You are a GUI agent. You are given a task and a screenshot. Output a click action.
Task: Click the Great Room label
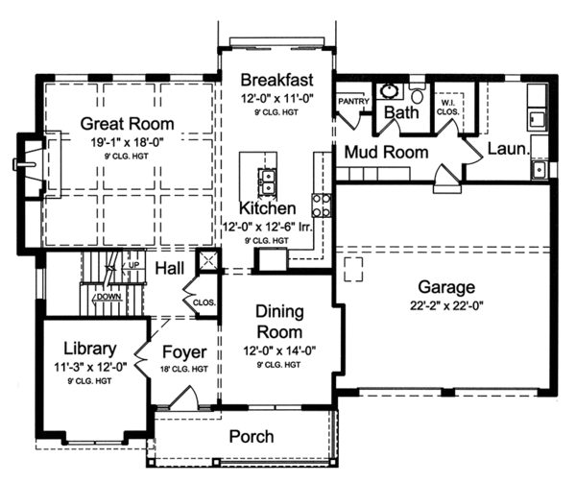[127, 124]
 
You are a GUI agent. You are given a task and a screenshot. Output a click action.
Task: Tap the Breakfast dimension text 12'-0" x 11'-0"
[277, 99]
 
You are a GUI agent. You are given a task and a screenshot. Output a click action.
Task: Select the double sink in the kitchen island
[268, 181]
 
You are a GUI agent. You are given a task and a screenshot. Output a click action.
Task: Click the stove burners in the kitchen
[322, 205]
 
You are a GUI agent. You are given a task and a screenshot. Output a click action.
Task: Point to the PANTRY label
[353, 101]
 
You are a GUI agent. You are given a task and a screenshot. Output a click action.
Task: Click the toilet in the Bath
[418, 94]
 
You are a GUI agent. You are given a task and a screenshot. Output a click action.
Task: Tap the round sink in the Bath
[388, 91]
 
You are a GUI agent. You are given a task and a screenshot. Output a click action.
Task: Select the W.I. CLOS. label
[447, 108]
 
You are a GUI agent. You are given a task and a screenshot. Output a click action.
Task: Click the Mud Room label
[387, 152]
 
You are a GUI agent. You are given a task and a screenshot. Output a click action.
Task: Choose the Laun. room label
[509, 149]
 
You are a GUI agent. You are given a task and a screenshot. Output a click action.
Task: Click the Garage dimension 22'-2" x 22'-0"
[446, 305]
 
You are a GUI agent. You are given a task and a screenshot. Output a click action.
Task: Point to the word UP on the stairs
[133, 265]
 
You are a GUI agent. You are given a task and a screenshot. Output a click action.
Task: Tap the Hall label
[169, 269]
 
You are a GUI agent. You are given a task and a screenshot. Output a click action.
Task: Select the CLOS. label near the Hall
[204, 302]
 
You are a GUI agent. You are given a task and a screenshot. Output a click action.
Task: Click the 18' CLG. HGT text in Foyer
[184, 369]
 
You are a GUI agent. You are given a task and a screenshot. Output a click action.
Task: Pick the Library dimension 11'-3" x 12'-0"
[90, 367]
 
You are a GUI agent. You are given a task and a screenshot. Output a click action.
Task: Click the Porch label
[252, 436]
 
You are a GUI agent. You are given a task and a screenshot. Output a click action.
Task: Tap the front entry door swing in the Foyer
[185, 395]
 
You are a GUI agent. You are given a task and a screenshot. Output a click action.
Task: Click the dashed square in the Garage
[353, 269]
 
